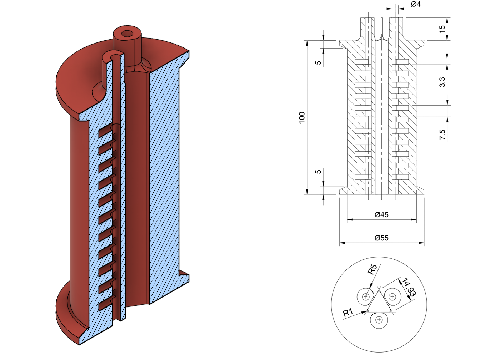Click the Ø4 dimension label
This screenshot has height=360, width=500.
(416, 4)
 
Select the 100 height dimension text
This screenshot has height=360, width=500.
(302, 117)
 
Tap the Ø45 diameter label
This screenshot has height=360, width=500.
(381, 214)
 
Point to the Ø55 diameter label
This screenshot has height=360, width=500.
(381, 238)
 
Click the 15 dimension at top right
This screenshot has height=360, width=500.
(442, 29)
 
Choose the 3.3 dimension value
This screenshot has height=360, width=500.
(442, 82)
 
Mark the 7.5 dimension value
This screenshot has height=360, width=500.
(442, 135)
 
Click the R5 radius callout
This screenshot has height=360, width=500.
(372, 269)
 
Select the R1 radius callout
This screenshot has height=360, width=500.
(347, 313)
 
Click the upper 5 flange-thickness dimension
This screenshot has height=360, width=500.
(318, 63)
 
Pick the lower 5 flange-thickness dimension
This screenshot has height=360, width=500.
(318, 172)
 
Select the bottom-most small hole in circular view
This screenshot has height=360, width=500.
(379, 320)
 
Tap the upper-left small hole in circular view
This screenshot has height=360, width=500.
(366, 296)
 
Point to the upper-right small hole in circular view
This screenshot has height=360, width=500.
(392, 296)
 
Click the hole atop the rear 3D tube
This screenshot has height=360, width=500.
(127, 34)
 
